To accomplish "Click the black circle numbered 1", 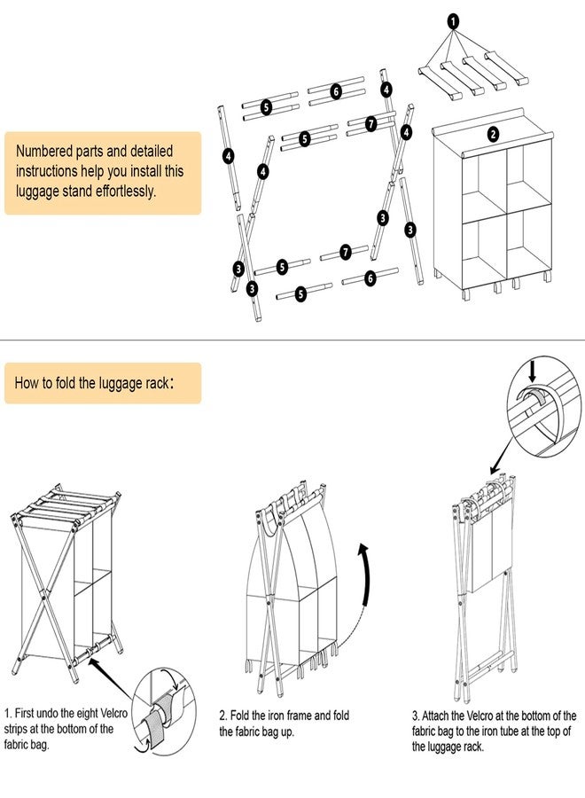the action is [x=453, y=21].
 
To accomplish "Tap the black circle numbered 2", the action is [x=493, y=135].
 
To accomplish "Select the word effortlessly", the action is [x=126, y=192].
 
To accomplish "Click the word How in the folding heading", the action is [x=26, y=383].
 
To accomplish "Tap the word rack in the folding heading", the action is [x=156, y=383].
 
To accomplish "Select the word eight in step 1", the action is [x=88, y=713].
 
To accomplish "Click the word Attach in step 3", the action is [x=436, y=716].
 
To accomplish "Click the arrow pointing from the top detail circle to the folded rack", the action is [x=502, y=455].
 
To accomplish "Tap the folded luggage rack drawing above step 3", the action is [x=486, y=584].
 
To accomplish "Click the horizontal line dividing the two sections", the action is [x=292, y=340].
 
